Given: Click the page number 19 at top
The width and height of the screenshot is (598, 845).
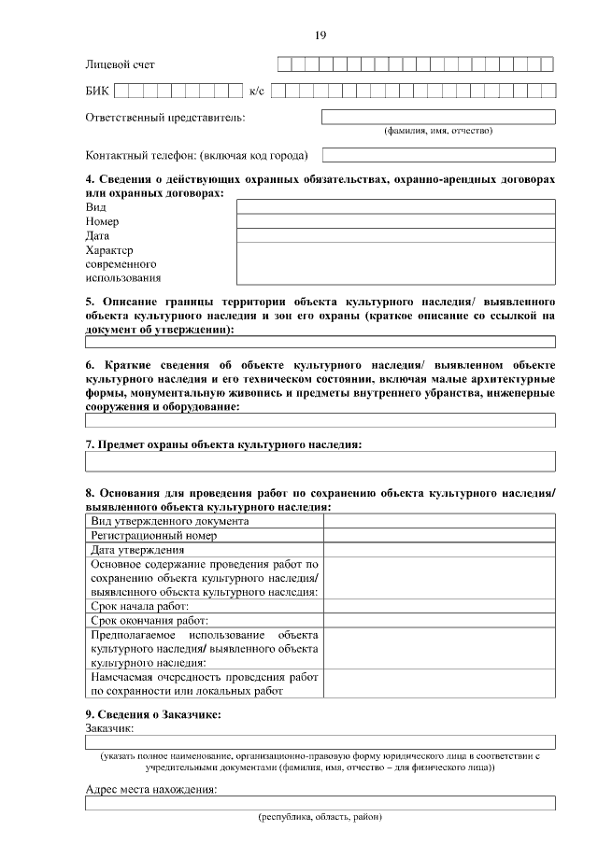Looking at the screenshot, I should (x=320, y=35).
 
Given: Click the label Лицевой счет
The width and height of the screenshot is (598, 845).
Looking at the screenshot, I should (x=120, y=64).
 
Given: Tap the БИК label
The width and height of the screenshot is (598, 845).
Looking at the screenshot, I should (x=97, y=92).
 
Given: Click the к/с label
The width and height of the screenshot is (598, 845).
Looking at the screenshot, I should (x=258, y=92).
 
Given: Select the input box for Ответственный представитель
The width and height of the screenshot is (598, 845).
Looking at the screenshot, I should (x=438, y=117).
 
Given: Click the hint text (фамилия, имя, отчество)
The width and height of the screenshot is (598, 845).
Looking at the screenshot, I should (x=438, y=131).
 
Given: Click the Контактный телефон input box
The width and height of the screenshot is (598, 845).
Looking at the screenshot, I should (x=438, y=155).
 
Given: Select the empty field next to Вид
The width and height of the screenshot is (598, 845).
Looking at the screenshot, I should (x=395, y=206).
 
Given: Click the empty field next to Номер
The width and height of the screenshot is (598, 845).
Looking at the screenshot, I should (x=395, y=221).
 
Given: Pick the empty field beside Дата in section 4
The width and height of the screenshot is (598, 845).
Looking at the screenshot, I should (x=395, y=235).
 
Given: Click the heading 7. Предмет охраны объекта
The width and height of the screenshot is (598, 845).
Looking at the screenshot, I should (x=223, y=444).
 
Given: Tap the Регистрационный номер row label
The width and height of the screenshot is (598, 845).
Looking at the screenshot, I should (x=154, y=536).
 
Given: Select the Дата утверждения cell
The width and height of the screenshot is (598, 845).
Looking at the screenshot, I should (x=137, y=551).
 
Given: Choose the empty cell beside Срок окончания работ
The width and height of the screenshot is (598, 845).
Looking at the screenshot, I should (x=439, y=620).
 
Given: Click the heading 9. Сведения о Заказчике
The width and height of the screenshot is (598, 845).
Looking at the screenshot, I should (x=153, y=714).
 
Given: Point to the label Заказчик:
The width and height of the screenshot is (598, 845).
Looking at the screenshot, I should (x=110, y=727).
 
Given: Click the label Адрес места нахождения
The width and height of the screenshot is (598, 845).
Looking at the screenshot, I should (x=151, y=789).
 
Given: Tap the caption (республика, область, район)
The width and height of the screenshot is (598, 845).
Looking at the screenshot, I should (x=320, y=817).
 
